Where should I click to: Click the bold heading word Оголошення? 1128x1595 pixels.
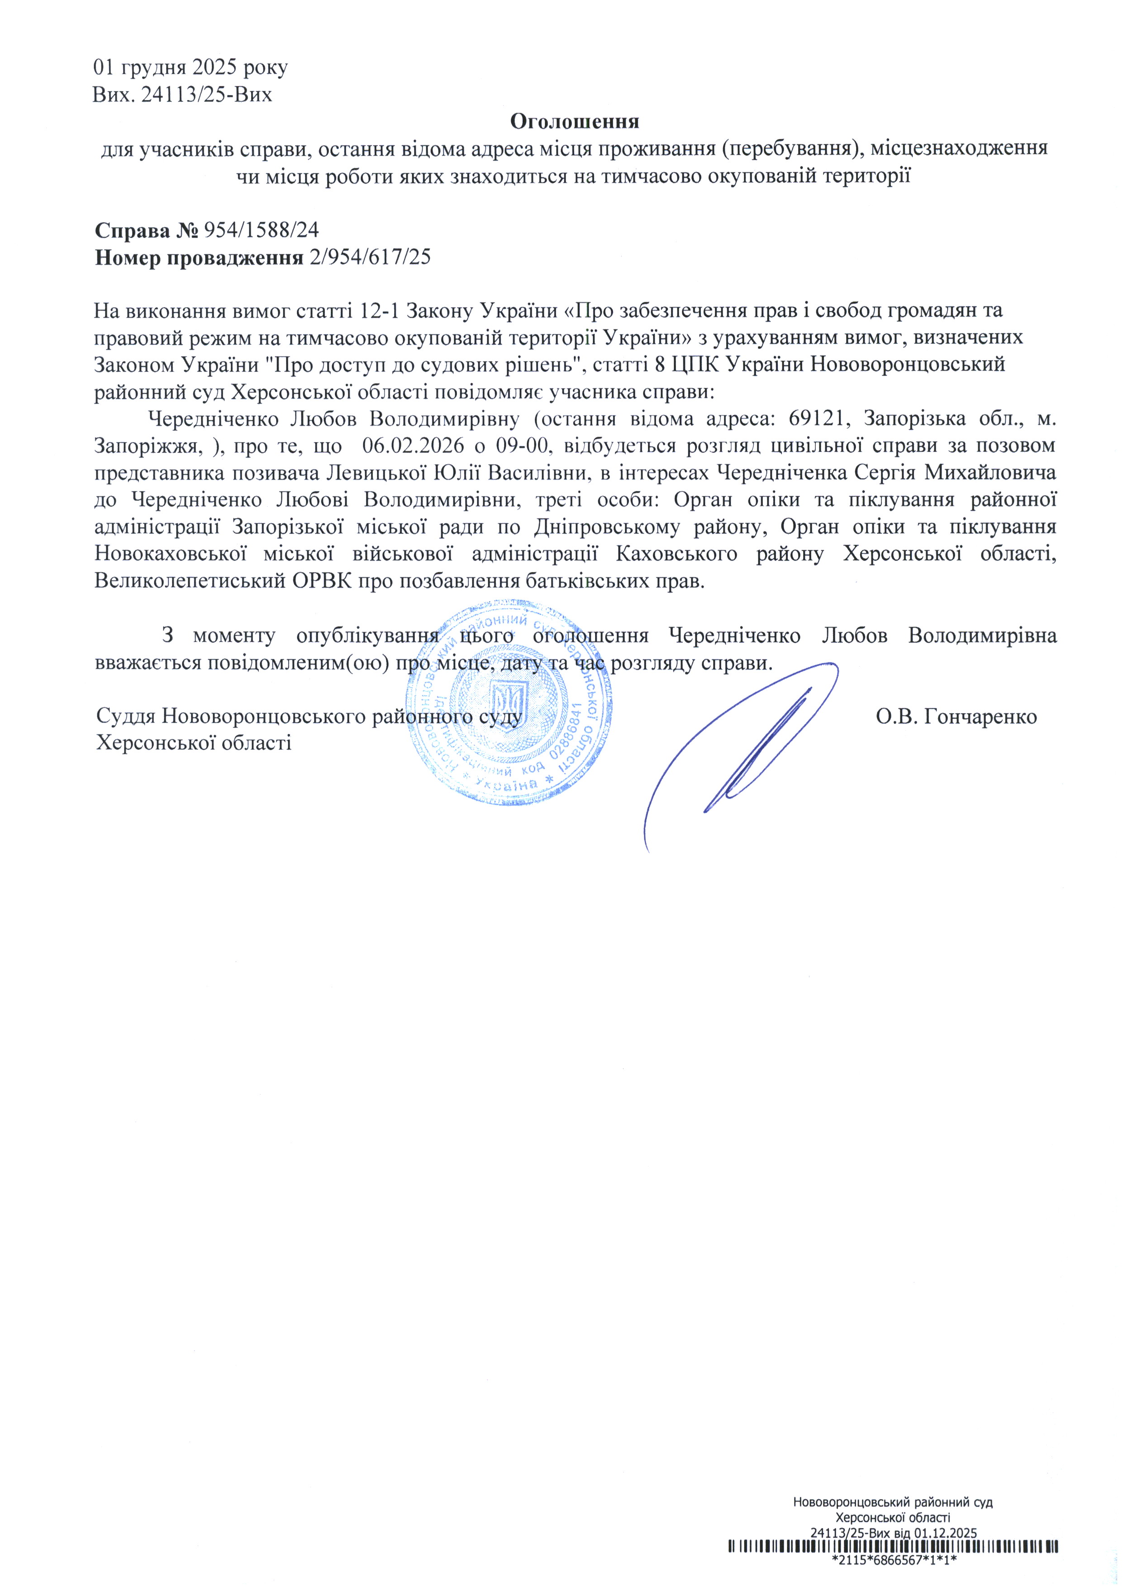[575, 122]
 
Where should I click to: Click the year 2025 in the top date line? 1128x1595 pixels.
[227, 67]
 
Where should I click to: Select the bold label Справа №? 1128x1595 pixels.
[147, 230]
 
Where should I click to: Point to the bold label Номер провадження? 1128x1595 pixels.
[199, 258]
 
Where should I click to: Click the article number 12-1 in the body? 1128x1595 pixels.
[379, 310]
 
